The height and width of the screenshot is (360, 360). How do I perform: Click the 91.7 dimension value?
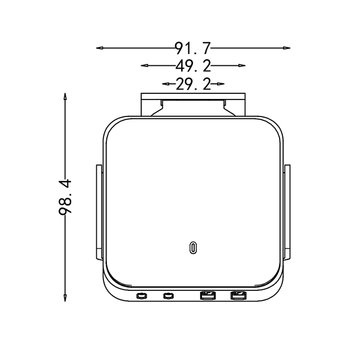pyautogui.click(x=193, y=48)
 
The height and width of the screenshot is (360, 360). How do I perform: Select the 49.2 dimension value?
pyautogui.click(x=193, y=66)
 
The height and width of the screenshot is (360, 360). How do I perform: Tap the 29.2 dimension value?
pyautogui.click(x=193, y=84)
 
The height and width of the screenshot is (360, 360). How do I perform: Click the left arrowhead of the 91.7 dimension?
pyautogui.click(x=100, y=48)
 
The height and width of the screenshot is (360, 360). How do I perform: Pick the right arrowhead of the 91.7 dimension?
pyautogui.click(x=287, y=48)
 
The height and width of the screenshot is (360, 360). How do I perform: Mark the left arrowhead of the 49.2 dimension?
pyautogui.click(x=144, y=65)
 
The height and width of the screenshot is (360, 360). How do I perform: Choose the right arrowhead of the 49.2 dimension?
pyautogui.click(x=242, y=65)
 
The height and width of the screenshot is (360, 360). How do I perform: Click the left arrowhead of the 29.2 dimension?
pyautogui.click(x=165, y=84)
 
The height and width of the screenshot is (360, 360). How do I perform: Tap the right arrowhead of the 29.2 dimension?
pyautogui.click(x=221, y=84)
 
